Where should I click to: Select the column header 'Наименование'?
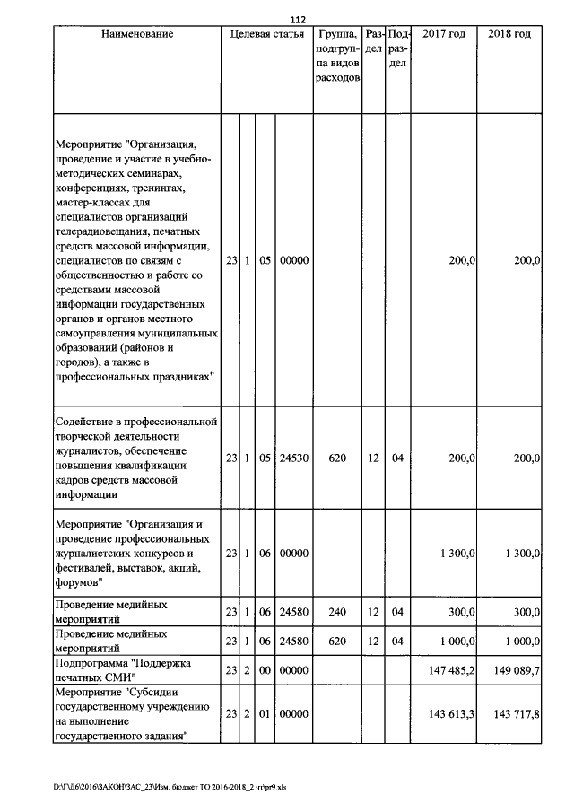point(136,34)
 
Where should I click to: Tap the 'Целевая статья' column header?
point(266,34)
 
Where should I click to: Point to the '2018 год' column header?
point(509,34)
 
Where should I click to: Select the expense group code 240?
point(337,612)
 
